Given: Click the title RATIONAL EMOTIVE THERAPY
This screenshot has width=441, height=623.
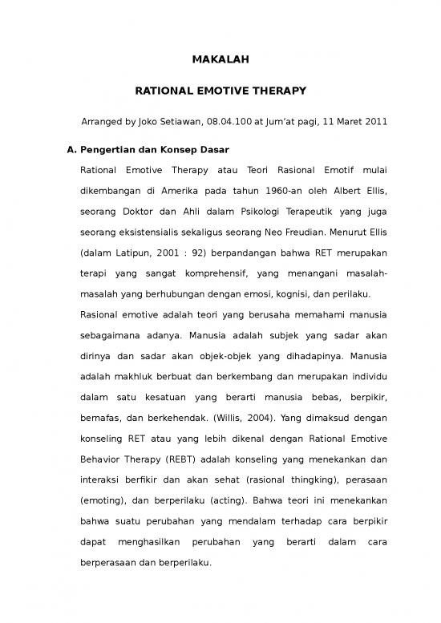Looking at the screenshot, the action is [x=220, y=91].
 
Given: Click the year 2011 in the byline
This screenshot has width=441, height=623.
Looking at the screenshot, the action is [x=374, y=123].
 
